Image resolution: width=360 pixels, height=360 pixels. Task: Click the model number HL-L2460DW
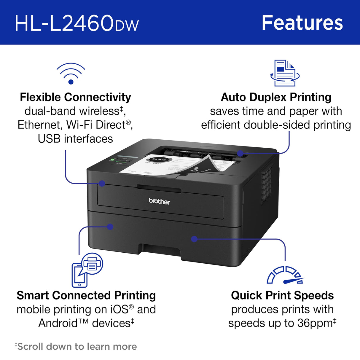77,23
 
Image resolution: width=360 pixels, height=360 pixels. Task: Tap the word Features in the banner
302,23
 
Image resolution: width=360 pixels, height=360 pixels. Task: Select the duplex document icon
284,73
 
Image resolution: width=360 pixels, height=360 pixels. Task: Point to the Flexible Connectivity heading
75,97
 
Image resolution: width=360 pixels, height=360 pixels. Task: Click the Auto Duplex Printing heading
276,97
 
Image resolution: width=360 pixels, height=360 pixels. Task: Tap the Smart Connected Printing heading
86,295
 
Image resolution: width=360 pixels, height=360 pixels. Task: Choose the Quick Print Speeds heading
282,295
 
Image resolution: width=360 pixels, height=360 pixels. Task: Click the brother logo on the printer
159,201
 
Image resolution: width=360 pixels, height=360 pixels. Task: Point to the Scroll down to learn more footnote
76,346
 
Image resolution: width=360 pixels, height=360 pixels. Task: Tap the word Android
58,323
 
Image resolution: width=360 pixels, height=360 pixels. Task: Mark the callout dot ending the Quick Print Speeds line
194,239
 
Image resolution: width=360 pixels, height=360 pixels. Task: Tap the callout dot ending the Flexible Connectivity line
102,184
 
